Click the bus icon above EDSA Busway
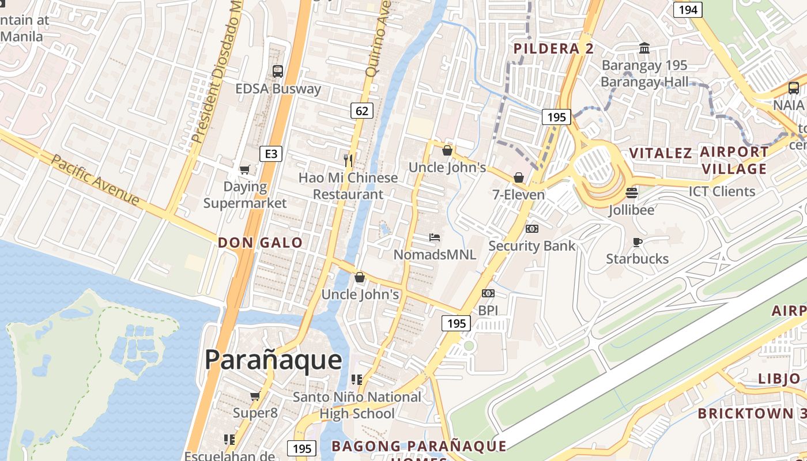(278, 71)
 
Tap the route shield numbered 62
(361, 111)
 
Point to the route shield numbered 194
(688, 9)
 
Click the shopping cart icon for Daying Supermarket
(245, 170)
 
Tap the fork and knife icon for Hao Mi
(348, 160)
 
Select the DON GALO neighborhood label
(260, 243)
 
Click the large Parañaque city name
(273, 360)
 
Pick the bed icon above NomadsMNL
(435, 237)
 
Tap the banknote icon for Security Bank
(531, 229)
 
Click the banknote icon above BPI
(488, 294)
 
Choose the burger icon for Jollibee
(632, 193)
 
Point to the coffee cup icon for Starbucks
(637, 242)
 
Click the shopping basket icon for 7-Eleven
(518, 177)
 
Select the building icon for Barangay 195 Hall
(644, 48)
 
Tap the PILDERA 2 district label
(553, 48)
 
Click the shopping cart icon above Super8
(255, 396)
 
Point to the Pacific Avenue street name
(95, 180)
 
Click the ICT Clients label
(722, 191)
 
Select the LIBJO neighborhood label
(779, 379)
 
